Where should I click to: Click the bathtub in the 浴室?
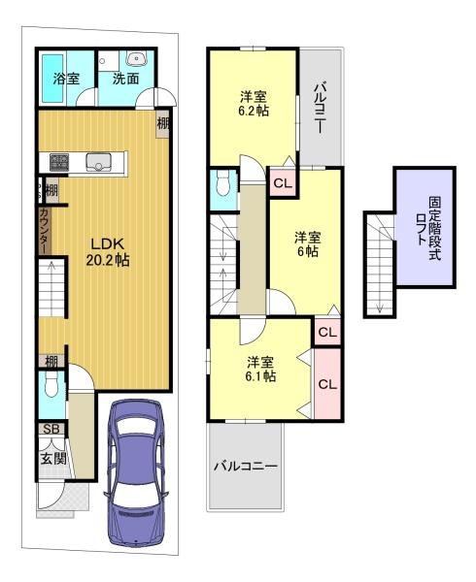[52, 79]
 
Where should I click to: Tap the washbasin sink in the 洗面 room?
[137, 58]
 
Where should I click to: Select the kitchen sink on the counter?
[98, 162]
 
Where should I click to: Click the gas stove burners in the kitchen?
[58, 162]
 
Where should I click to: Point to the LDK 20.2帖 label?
[108, 251]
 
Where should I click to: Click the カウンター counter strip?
[44, 231]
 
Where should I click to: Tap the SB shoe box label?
[51, 429]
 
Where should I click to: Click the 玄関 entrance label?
[53, 459]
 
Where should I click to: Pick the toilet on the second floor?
[222, 183]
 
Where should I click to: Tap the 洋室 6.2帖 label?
[253, 104]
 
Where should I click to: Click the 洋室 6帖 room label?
[308, 244]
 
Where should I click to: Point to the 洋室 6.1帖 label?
[260, 369]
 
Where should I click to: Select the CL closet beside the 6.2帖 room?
[283, 182]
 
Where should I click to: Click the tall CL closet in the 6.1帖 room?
[327, 384]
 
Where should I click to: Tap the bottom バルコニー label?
[245, 467]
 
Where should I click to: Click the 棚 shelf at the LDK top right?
[163, 123]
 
